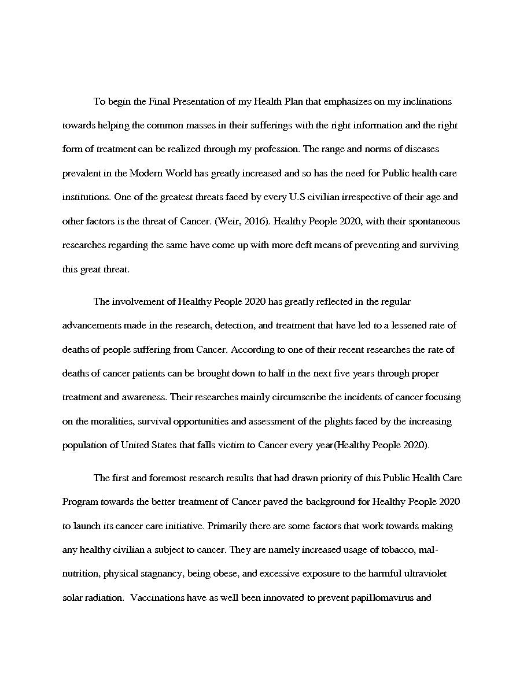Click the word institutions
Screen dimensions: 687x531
pos(86,197)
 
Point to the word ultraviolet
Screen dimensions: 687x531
pos(423,574)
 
